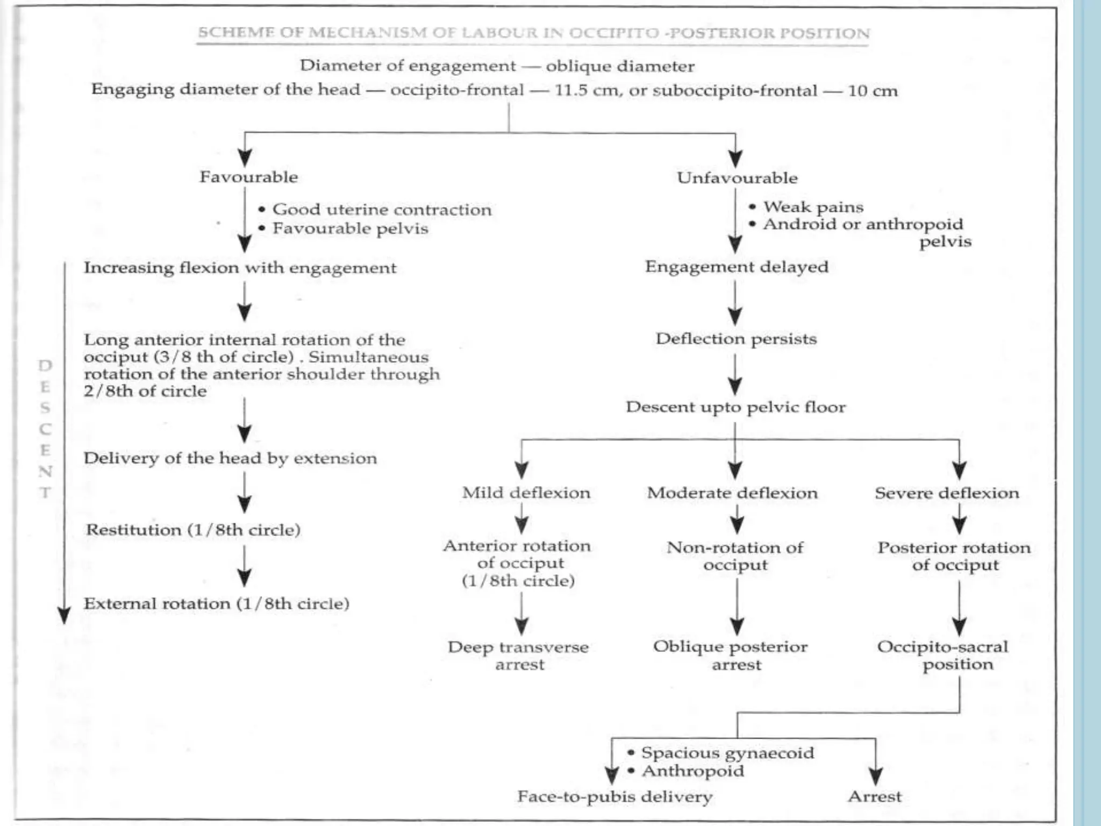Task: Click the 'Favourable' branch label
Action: click(x=248, y=177)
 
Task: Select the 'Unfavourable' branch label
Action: click(x=737, y=178)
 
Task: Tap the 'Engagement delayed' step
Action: click(x=737, y=267)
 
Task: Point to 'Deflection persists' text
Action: click(x=736, y=339)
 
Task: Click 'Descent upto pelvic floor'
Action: click(x=735, y=407)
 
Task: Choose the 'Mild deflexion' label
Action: click(x=526, y=493)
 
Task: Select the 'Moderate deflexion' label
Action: click(x=732, y=493)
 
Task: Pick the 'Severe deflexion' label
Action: click(x=947, y=493)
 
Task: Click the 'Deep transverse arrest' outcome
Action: click(x=519, y=656)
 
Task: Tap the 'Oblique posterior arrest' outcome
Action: click(x=731, y=656)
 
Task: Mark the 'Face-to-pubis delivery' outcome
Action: click(x=615, y=796)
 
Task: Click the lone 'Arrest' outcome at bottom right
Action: click(x=875, y=796)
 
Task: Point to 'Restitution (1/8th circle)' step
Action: click(x=193, y=530)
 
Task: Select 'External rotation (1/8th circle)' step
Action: click(x=217, y=604)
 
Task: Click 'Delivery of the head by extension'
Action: click(x=230, y=458)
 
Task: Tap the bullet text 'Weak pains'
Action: click(x=813, y=207)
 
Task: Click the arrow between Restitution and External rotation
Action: click(x=245, y=566)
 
